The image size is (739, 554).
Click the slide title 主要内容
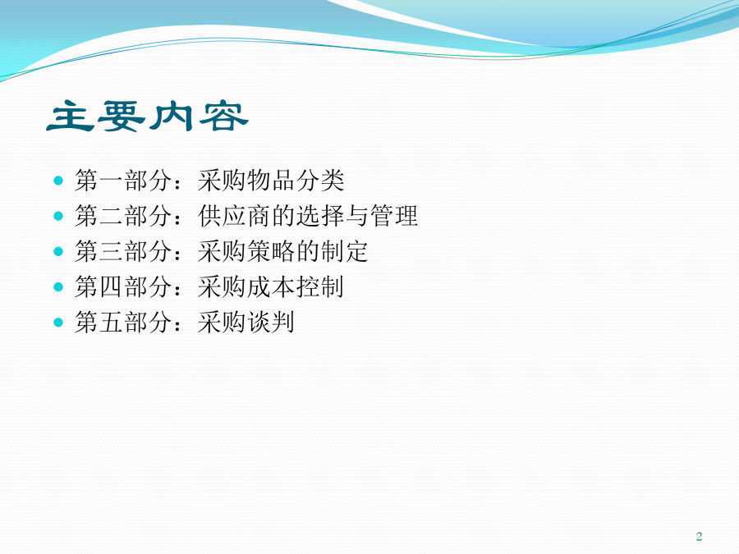coord(148,116)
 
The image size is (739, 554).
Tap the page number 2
coord(699,536)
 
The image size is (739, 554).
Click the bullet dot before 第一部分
coord(58,181)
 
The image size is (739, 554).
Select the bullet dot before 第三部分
coord(58,252)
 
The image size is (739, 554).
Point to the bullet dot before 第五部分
coord(58,323)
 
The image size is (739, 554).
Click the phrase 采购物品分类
coord(271,181)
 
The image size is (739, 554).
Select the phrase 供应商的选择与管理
coord(308,216)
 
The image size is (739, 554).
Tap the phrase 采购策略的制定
coord(282,252)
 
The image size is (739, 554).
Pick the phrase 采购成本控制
coord(271,287)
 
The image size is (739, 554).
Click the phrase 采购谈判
coord(246,323)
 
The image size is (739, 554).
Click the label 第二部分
coord(123,216)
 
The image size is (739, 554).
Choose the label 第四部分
coord(123,287)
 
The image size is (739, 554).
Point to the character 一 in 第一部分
coord(111,181)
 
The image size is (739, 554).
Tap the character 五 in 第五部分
coord(111,323)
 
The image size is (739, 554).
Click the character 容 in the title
coord(223,116)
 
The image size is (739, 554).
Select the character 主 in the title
coord(71,116)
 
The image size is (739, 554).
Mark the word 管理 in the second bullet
coord(394,216)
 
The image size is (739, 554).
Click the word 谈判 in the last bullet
coord(270,323)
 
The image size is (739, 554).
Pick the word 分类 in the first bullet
coord(320,181)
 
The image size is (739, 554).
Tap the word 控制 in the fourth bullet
coord(320,287)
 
